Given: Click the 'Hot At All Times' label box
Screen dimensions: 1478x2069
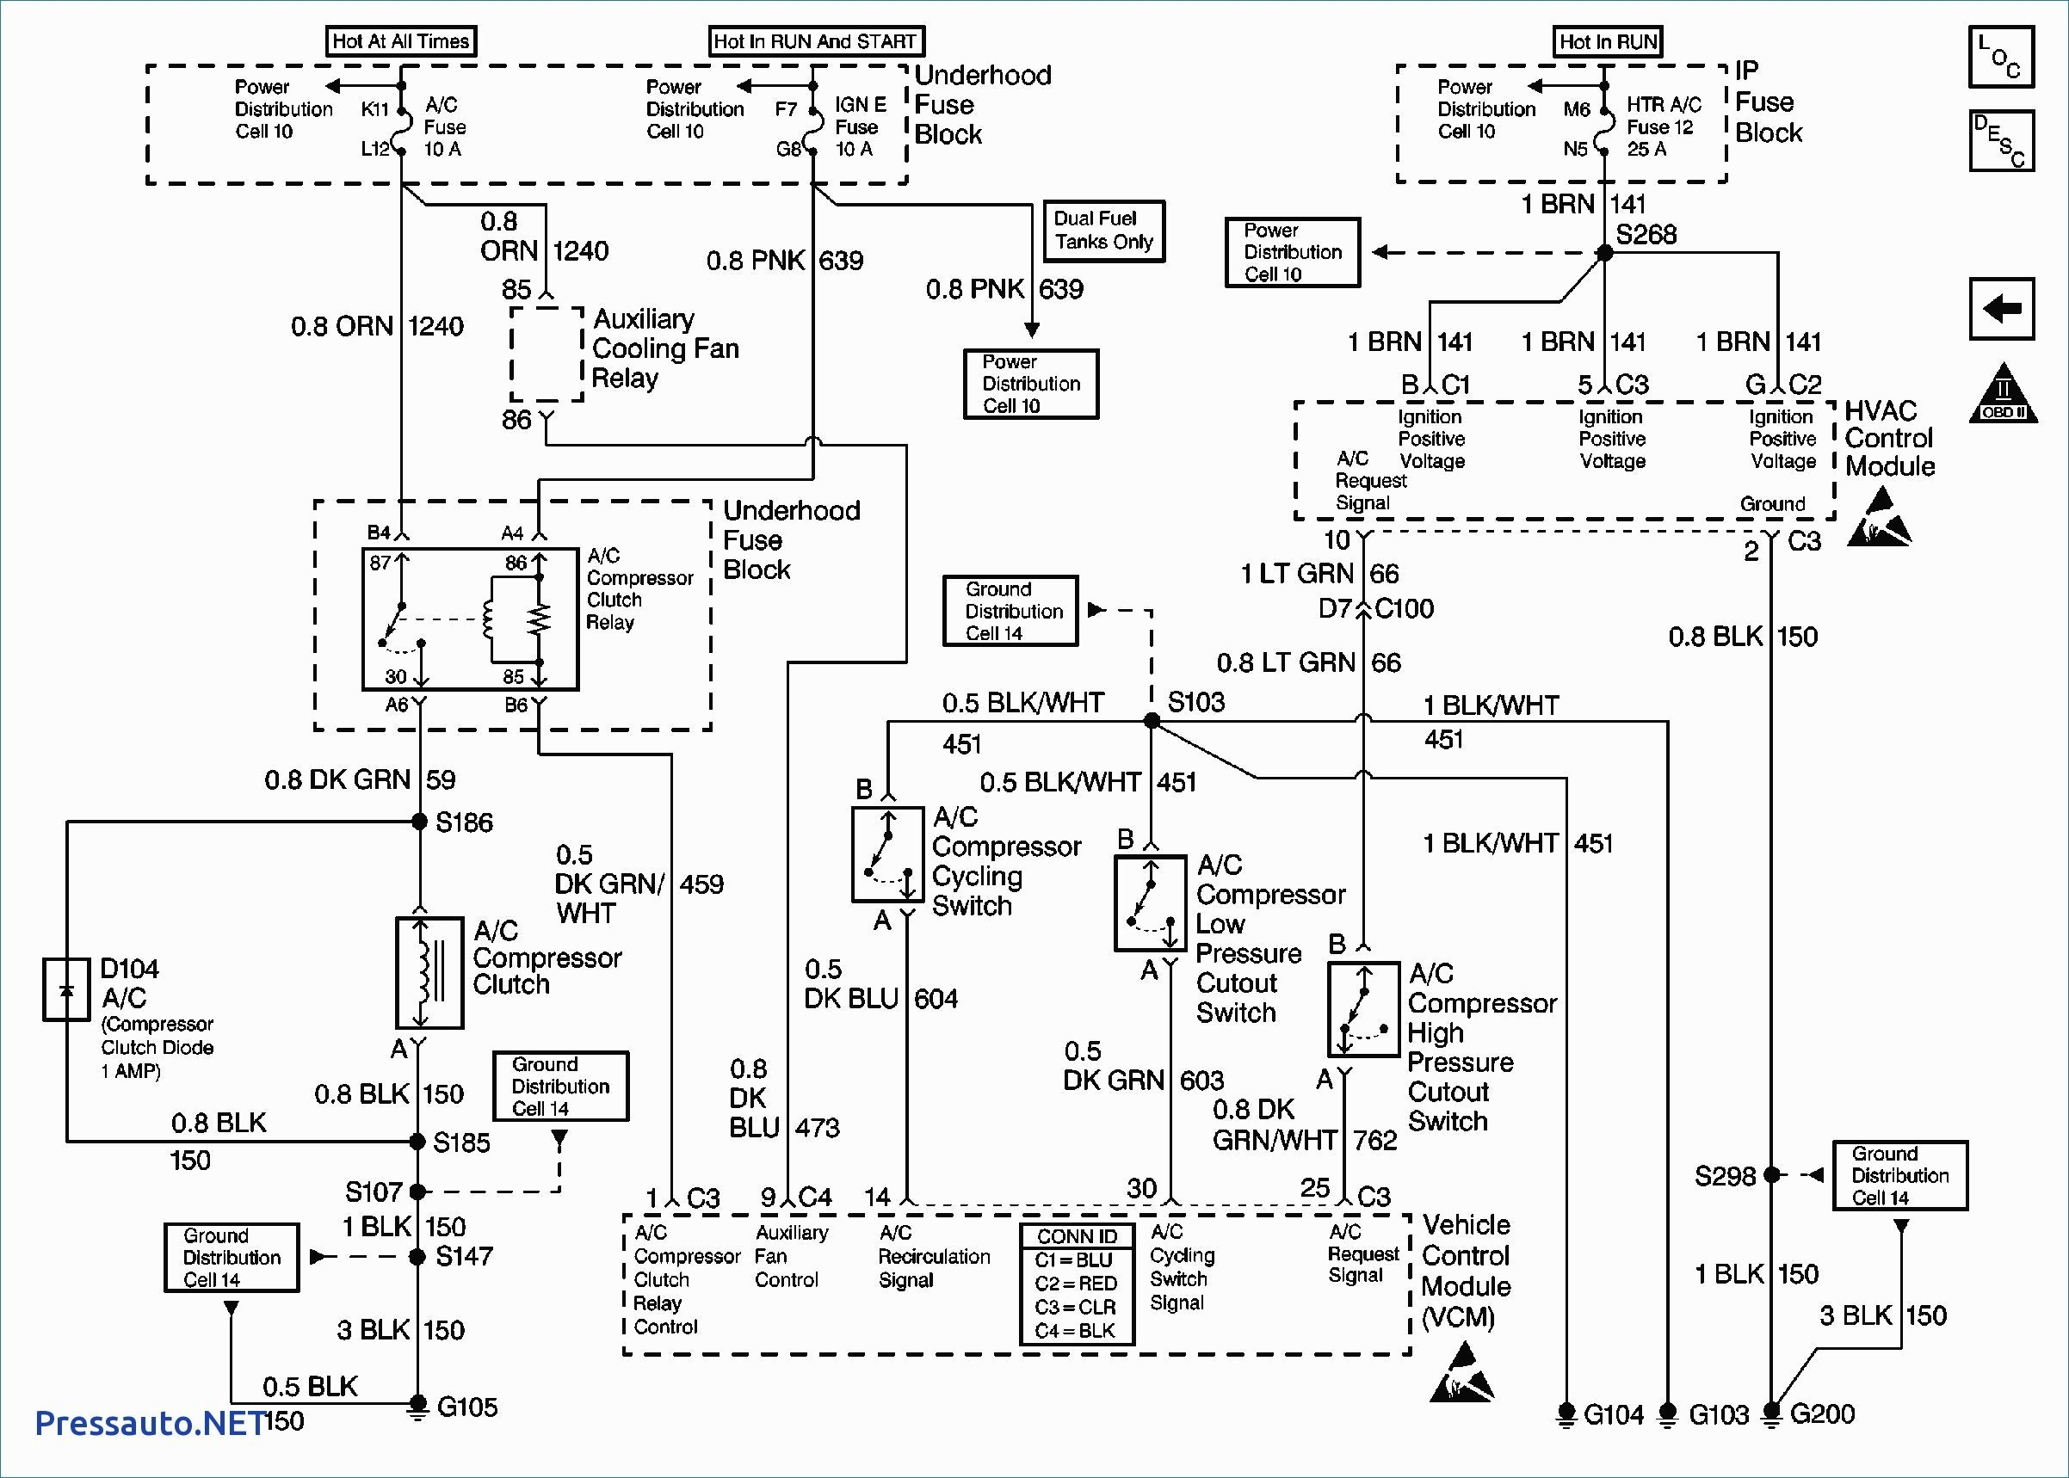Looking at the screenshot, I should [400, 41].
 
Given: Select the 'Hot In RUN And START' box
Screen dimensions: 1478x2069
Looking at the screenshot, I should [815, 41].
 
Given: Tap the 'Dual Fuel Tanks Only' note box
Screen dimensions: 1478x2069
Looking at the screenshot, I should [1103, 231].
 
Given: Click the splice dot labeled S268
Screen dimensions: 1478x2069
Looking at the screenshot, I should [1605, 253].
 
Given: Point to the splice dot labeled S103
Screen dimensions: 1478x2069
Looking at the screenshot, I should [1152, 721].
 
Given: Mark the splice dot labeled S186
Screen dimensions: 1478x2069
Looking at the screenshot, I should [419, 822].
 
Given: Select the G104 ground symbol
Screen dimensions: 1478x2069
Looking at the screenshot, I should [1566, 1413].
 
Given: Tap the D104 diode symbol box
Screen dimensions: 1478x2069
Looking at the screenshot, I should [66, 988].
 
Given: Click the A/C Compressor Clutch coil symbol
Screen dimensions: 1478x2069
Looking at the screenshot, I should [429, 973].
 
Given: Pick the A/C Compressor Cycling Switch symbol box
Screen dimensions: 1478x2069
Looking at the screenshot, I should [887, 853].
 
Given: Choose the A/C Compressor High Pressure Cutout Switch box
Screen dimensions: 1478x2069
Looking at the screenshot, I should [1362, 1008].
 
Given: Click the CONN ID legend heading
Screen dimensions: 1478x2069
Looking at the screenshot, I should [1076, 1237].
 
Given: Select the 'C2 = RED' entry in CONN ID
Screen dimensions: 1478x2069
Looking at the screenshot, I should [1076, 1284].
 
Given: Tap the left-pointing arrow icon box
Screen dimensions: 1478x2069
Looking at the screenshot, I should [2002, 309].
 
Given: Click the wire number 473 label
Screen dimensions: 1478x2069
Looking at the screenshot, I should [817, 1128].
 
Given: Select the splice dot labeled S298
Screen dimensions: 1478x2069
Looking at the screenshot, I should [1771, 1175].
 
